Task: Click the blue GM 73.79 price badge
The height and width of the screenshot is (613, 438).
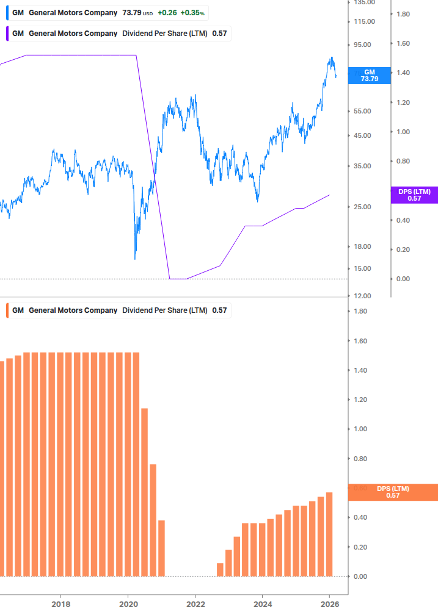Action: (x=370, y=75)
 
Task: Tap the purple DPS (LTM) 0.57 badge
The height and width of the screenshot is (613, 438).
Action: (x=414, y=195)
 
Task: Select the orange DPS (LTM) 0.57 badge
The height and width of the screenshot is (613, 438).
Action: (x=393, y=492)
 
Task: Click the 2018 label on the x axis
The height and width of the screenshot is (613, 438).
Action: (x=60, y=603)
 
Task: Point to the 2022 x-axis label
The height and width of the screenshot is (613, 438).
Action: (x=195, y=603)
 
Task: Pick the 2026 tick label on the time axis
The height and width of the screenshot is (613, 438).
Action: (x=329, y=603)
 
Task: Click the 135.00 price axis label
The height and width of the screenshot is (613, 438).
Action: (x=364, y=2)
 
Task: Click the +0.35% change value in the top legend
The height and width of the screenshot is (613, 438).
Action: (x=192, y=13)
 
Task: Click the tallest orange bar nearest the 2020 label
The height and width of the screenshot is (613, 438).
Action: (x=136, y=464)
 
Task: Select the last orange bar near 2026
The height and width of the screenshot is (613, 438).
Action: (x=329, y=534)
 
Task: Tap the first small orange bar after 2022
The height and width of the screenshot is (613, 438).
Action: (x=220, y=569)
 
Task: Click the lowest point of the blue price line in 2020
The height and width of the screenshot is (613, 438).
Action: (x=135, y=259)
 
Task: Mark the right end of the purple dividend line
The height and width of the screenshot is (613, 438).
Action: (x=330, y=195)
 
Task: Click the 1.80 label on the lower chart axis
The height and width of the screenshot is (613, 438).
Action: (x=360, y=311)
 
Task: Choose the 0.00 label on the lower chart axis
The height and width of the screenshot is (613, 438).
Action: (x=360, y=576)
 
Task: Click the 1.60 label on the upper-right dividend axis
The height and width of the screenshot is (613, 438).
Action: (x=404, y=43)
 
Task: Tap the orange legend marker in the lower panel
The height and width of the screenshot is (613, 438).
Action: (x=8, y=310)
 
